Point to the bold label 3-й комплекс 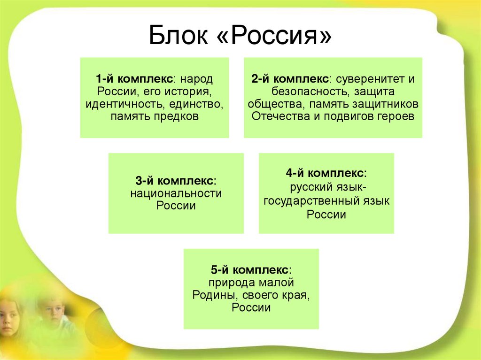176,181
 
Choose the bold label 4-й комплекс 326,174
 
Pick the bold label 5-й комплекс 251,270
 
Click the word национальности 176,193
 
